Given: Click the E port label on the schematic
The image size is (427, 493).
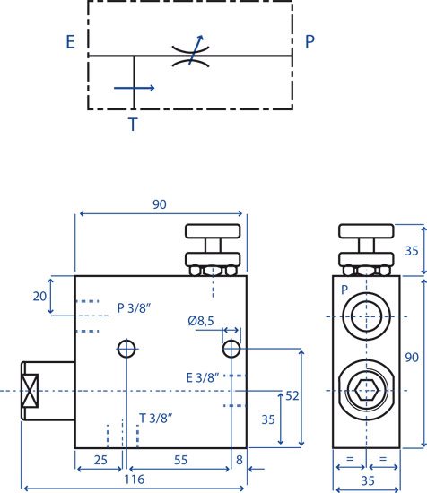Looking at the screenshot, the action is (x=71, y=41).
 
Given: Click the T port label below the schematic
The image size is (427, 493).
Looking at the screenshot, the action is (x=133, y=125).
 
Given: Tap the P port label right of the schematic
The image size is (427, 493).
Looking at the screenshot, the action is (x=310, y=41).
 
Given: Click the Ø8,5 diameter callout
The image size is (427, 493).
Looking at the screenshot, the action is (x=201, y=321).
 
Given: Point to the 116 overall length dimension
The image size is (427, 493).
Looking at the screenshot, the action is (x=135, y=480).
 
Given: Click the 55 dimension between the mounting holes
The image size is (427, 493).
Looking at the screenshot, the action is (x=180, y=460).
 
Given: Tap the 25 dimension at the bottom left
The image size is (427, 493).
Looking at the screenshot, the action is (x=100, y=460).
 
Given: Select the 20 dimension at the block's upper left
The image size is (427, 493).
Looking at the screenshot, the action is (x=39, y=296).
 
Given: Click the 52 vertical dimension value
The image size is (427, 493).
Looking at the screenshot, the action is (x=292, y=396).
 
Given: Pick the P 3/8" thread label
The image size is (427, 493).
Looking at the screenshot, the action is (x=134, y=308).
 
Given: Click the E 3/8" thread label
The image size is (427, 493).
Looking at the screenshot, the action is (x=203, y=377).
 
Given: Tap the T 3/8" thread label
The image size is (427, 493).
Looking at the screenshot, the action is (x=156, y=419).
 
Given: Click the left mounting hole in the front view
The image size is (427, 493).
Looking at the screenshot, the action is (x=126, y=349).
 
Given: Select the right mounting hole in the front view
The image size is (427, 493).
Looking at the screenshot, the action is (x=231, y=349).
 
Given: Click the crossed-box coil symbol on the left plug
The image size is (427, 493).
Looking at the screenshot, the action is (x=30, y=391).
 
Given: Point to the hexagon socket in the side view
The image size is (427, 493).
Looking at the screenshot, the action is (x=366, y=390).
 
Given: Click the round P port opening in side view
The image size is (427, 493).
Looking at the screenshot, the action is (x=366, y=316).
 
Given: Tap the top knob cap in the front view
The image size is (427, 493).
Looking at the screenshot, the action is (x=213, y=231).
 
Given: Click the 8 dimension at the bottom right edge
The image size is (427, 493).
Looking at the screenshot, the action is (x=240, y=460).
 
